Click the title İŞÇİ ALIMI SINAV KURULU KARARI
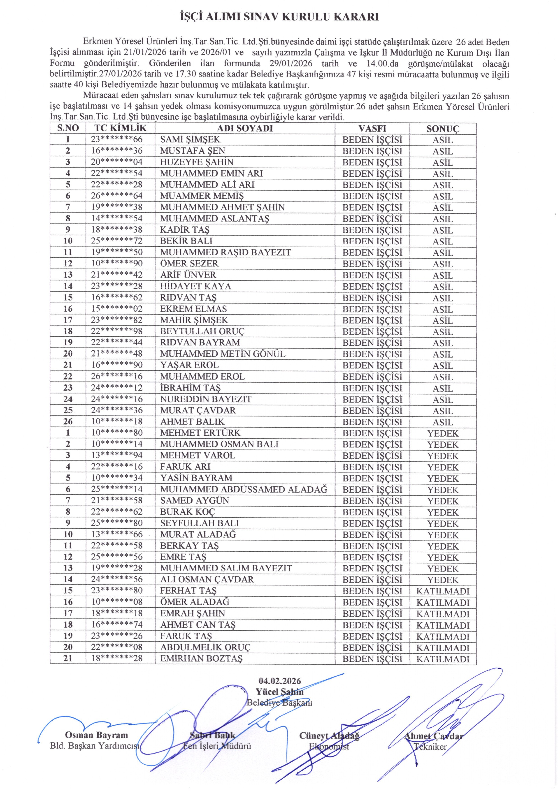pyautogui.click(x=280, y=17)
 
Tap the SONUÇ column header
pyautogui.click(x=443, y=129)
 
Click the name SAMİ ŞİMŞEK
pyautogui.click(x=190, y=140)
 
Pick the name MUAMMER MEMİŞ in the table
pyautogui.click(x=202, y=196)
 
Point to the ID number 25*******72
pyautogui.click(x=116, y=241)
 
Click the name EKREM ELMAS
pyautogui.click(x=193, y=309)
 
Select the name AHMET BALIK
pyautogui.click(x=192, y=422)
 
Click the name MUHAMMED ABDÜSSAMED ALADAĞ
pyautogui.click(x=244, y=489)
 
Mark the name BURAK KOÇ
pyautogui.click(x=187, y=512)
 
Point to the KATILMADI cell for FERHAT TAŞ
pyautogui.click(x=443, y=591)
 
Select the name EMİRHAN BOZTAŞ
pyautogui.click(x=201, y=659)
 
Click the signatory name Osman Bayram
pyautogui.click(x=96, y=735)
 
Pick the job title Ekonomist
pyautogui.click(x=329, y=747)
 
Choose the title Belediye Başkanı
pyautogui.click(x=280, y=703)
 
